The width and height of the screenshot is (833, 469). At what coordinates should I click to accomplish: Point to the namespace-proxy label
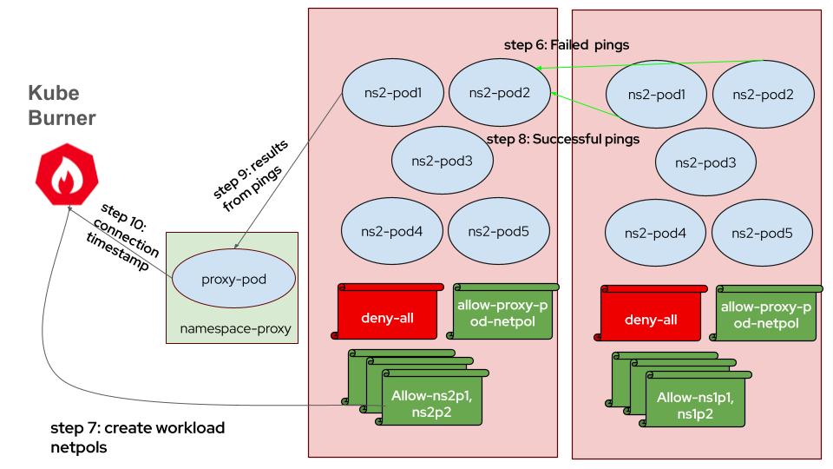pyautogui.click(x=233, y=331)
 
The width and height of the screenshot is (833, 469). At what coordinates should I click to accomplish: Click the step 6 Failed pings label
pyautogui.click(x=567, y=43)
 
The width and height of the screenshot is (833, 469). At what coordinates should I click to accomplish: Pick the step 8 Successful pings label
pyautogui.click(x=563, y=138)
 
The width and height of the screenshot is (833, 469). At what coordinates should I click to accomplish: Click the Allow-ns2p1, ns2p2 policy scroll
pyautogui.click(x=424, y=405)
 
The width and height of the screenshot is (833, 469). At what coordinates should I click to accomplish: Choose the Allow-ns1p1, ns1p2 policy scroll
pyautogui.click(x=688, y=405)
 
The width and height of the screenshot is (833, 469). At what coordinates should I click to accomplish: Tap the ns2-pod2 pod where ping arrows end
pyautogui.click(x=499, y=90)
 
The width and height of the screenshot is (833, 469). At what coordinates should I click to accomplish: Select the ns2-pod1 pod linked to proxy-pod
pyautogui.click(x=394, y=90)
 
